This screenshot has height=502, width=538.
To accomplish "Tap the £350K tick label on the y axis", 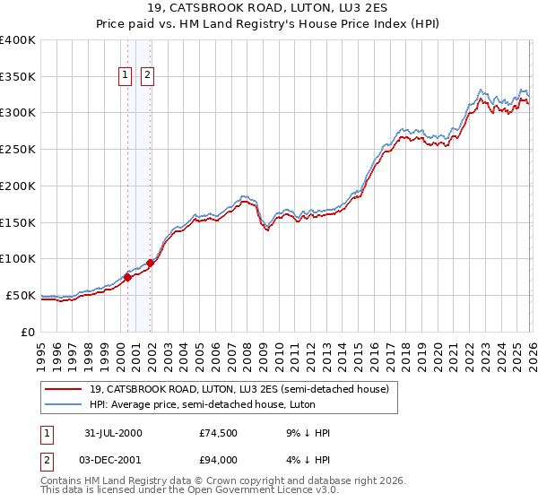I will [18, 77].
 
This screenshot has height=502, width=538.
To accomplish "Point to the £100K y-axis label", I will [18, 259].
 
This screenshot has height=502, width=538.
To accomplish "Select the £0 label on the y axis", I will [28, 332].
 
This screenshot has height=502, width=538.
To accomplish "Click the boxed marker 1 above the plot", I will [126, 76].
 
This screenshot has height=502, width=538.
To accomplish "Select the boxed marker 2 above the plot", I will [147, 76].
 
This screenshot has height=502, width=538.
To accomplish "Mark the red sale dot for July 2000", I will [127, 277].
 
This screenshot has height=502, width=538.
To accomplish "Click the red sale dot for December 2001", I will [150, 263].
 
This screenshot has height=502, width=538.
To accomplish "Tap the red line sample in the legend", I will [64, 389].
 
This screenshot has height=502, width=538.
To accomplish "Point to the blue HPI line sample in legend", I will [64, 405].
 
